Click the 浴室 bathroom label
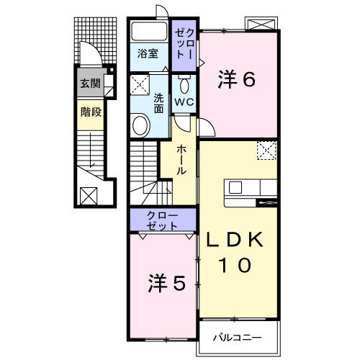tap(148, 53)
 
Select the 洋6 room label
tap(237, 81)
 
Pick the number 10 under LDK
tap(235, 265)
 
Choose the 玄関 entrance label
tap(90, 84)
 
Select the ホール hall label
tap(182, 161)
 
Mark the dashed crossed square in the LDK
tap(267, 150)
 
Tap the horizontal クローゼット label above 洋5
tap(162, 220)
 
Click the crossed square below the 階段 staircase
tap(89, 194)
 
